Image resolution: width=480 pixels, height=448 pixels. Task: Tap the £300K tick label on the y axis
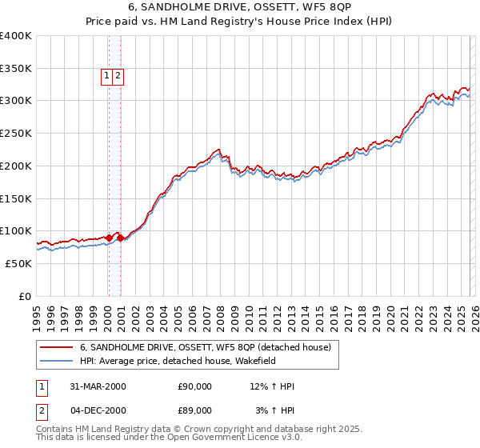point(16,101)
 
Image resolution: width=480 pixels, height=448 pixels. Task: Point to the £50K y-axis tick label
point(18,263)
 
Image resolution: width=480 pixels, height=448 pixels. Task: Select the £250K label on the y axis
point(16,134)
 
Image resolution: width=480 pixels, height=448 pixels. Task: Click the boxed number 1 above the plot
point(106,76)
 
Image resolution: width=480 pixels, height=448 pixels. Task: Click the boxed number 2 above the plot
point(118,76)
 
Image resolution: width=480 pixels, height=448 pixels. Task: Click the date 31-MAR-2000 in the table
point(98,386)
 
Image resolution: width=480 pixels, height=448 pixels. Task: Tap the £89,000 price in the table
point(195,410)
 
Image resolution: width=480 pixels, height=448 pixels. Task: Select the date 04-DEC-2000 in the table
point(98,410)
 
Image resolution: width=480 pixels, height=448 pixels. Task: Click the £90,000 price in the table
point(195,386)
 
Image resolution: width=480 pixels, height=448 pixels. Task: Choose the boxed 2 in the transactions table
point(41,410)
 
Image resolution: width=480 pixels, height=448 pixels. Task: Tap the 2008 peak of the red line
point(218,149)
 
